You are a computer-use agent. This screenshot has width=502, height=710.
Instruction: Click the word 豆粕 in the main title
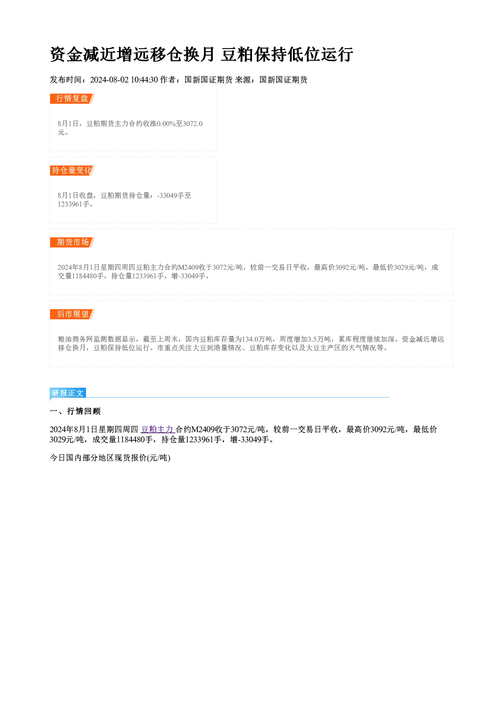click(237, 54)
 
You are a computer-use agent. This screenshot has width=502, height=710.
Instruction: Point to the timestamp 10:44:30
click(144, 79)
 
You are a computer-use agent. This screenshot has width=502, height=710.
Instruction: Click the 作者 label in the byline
click(168, 79)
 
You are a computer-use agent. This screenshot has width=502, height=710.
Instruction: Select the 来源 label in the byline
click(243, 79)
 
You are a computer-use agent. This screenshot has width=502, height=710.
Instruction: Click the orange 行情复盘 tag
click(72, 99)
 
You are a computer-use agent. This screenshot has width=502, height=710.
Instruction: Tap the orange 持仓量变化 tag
click(72, 171)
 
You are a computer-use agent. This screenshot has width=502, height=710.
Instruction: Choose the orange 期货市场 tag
click(72, 242)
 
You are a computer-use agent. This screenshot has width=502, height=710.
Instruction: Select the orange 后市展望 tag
click(72, 314)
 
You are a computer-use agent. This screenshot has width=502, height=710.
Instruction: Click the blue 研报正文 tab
click(68, 393)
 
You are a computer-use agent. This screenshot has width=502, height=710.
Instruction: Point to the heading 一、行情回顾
click(75, 411)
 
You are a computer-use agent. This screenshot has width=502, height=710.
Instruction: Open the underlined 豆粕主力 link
click(157, 430)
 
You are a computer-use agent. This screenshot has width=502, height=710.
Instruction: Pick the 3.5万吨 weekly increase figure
click(319, 339)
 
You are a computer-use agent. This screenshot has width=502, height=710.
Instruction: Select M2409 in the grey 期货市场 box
click(188, 268)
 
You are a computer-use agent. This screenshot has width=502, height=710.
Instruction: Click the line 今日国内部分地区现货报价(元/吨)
click(110, 458)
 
